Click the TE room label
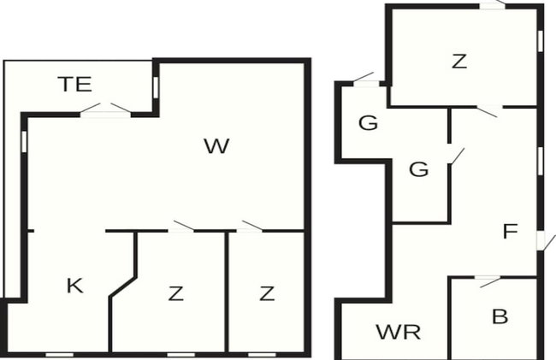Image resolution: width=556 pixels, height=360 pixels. click(75, 85)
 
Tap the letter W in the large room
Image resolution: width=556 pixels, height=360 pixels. click(216, 146)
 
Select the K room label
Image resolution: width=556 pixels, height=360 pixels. click(74, 286)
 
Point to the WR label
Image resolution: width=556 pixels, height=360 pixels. click(399, 332)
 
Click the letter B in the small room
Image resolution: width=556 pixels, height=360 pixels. click(500, 316)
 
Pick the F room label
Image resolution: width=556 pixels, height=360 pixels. click(511, 231)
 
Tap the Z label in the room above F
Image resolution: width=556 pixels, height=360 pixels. click(459, 61)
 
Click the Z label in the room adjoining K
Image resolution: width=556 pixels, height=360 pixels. click(176, 293)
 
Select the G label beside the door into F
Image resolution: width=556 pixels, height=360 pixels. click(419, 169)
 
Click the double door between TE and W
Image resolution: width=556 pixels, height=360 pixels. click(105, 110)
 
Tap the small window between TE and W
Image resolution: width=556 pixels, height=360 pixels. click(156, 87)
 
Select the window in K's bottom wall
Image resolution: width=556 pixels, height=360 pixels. click(60, 355)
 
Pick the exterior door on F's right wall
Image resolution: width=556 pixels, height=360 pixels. click(544, 242)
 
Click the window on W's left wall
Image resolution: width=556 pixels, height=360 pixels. click(24, 142)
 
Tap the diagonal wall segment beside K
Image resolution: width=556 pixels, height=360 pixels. click(123, 286)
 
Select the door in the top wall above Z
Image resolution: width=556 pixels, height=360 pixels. click(493, 5)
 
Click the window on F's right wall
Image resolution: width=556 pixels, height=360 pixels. click(540, 162)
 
